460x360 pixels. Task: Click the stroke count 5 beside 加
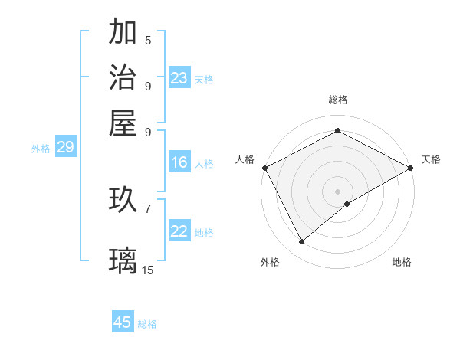pyautogui.click(x=148, y=40)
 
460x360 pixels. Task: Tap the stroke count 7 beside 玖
pyautogui.click(x=148, y=208)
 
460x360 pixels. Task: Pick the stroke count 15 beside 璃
pyautogui.click(x=148, y=269)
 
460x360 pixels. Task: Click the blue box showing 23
pyautogui.click(x=179, y=77)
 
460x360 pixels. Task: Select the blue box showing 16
pyautogui.click(x=179, y=162)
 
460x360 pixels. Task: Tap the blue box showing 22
pyautogui.click(x=179, y=231)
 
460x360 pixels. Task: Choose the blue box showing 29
pyautogui.click(x=65, y=147)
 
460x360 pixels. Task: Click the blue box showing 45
pyautogui.click(x=123, y=322)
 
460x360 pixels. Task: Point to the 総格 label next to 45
pyautogui.click(x=147, y=324)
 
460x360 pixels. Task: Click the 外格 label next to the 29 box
pyautogui.click(x=41, y=149)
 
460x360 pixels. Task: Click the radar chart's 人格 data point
pyautogui.click(x=264, y=168)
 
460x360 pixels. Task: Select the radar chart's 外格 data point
pyautogui.click(x=302, y=242)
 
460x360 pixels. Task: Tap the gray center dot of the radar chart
pyautogui.click(x=337, y=191)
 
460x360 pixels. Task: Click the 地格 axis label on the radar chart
pyautogui.click(x=402, y=262)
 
